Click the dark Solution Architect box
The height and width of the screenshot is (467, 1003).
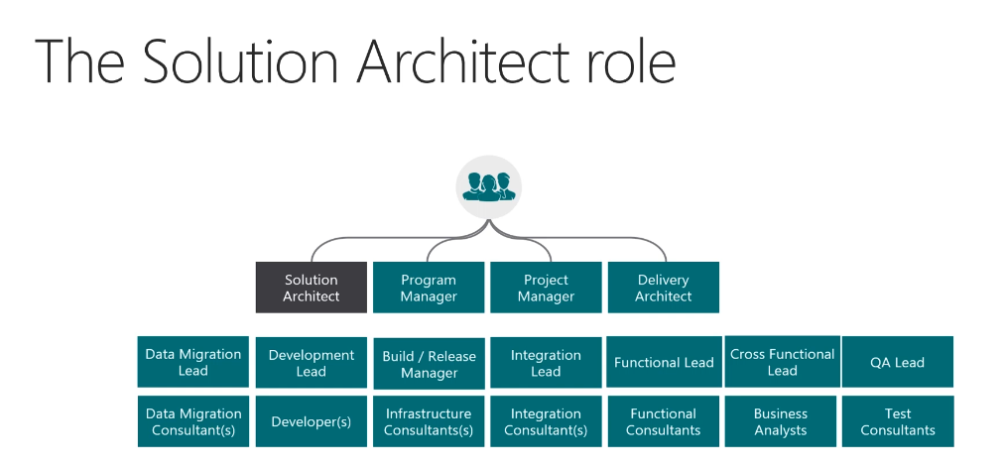(x=311, y=288)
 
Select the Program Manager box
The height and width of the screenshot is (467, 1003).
(x=429, y=288)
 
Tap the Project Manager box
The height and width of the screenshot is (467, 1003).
(x=546, y=288)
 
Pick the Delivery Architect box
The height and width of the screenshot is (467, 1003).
(x=663, y=288)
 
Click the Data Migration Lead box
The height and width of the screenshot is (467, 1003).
(x=193, y=362)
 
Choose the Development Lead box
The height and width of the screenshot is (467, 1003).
(x=311, y=362)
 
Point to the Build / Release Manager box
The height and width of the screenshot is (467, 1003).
(x=429, y=363)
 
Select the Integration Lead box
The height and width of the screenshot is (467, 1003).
(x=546, y=362)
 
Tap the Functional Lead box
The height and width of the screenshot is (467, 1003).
(x=663, y=362)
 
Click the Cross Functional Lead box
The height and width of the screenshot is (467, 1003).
(x=781, y=362)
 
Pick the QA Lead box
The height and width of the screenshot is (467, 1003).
(x=897, y=362)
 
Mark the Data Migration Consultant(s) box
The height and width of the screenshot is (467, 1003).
(x=193, y=421)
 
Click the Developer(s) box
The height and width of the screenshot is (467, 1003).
(x=311, y=421)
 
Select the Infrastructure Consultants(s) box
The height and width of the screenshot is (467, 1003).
(x=429, y=421)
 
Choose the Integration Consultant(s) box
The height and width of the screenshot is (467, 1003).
(x=546, y=421)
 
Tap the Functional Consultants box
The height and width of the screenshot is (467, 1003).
(x=663, y=421)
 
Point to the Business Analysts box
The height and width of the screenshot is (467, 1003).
(x=781, y=421)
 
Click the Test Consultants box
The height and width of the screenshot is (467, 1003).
(x=897, y=421)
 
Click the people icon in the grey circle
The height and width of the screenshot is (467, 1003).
(x=488, y=185)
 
